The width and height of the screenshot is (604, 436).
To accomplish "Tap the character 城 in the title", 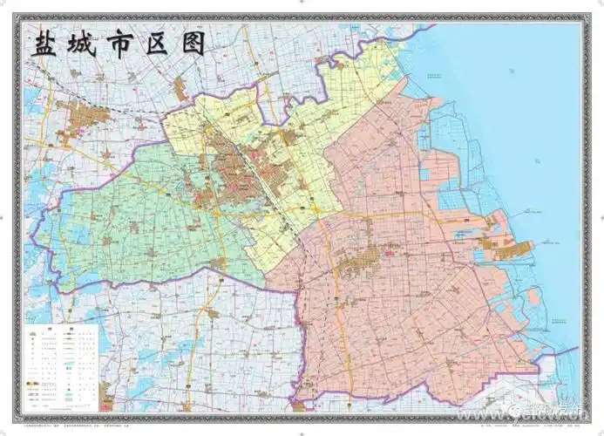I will pyautogui.click(x=87, y=44).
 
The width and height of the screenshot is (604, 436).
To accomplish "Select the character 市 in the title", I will pyautogui.click(x=126, y=44).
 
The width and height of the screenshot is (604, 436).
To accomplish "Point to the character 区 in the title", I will pyautogui.click(x=161, y=44).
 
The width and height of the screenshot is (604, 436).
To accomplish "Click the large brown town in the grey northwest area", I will pyautogui.click(x=83, y=118).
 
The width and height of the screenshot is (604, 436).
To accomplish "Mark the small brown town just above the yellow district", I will pyautogui.click(x=181, y=87).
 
